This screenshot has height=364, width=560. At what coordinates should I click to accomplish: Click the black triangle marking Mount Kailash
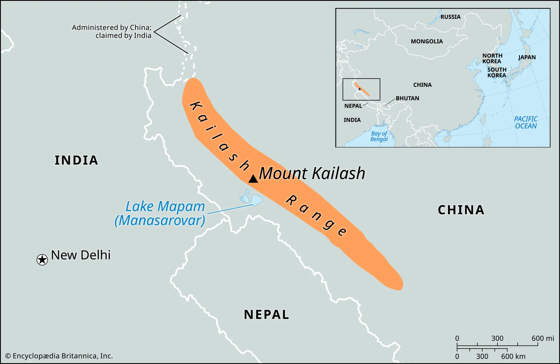pos(253,179)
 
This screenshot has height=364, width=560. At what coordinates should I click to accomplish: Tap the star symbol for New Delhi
pos(42,260)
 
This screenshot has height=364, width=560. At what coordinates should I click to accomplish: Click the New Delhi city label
pos(81,255)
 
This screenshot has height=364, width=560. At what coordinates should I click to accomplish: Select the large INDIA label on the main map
pos(76,160)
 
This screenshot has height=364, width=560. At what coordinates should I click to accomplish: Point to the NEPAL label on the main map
pos(266,314)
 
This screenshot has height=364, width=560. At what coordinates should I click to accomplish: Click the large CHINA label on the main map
pos(461,210)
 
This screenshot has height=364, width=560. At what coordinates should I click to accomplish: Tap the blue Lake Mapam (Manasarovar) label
pos(160,213)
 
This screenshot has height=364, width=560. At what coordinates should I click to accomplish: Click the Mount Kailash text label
pos(312,173)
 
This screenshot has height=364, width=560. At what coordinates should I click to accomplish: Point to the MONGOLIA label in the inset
pos(427,41)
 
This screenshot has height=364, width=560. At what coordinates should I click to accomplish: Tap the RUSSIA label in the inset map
pos(450,17)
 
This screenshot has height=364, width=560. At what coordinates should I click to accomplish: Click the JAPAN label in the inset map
pos(527,57)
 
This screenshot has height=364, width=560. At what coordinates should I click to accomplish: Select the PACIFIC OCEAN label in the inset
pos(526,122)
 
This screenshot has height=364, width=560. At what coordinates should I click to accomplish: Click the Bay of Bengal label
pos(379,136)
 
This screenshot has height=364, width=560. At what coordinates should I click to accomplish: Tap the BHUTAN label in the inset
pos(407,98)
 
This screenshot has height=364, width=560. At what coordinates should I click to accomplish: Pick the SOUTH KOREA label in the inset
pos(497,72)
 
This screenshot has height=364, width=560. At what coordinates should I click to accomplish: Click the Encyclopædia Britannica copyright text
pos(59,356)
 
